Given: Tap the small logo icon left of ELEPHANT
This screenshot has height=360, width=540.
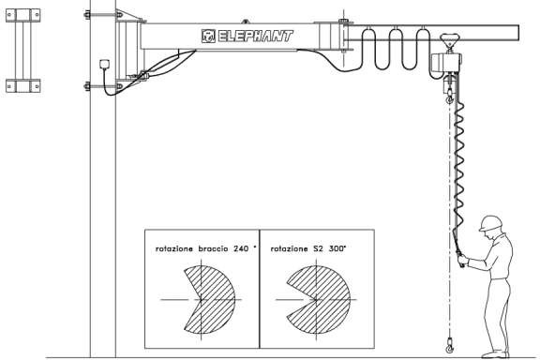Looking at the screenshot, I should [208, 37].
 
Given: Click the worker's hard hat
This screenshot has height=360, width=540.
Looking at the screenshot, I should [488, 223].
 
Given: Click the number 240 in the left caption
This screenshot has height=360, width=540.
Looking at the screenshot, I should [240, 250].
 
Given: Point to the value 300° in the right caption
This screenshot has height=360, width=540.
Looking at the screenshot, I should [335, 250].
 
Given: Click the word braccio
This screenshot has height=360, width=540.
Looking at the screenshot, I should [211, 250].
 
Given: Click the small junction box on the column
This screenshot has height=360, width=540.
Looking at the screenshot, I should [103, 65].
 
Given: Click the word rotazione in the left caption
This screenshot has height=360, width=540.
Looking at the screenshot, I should [174, 250].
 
